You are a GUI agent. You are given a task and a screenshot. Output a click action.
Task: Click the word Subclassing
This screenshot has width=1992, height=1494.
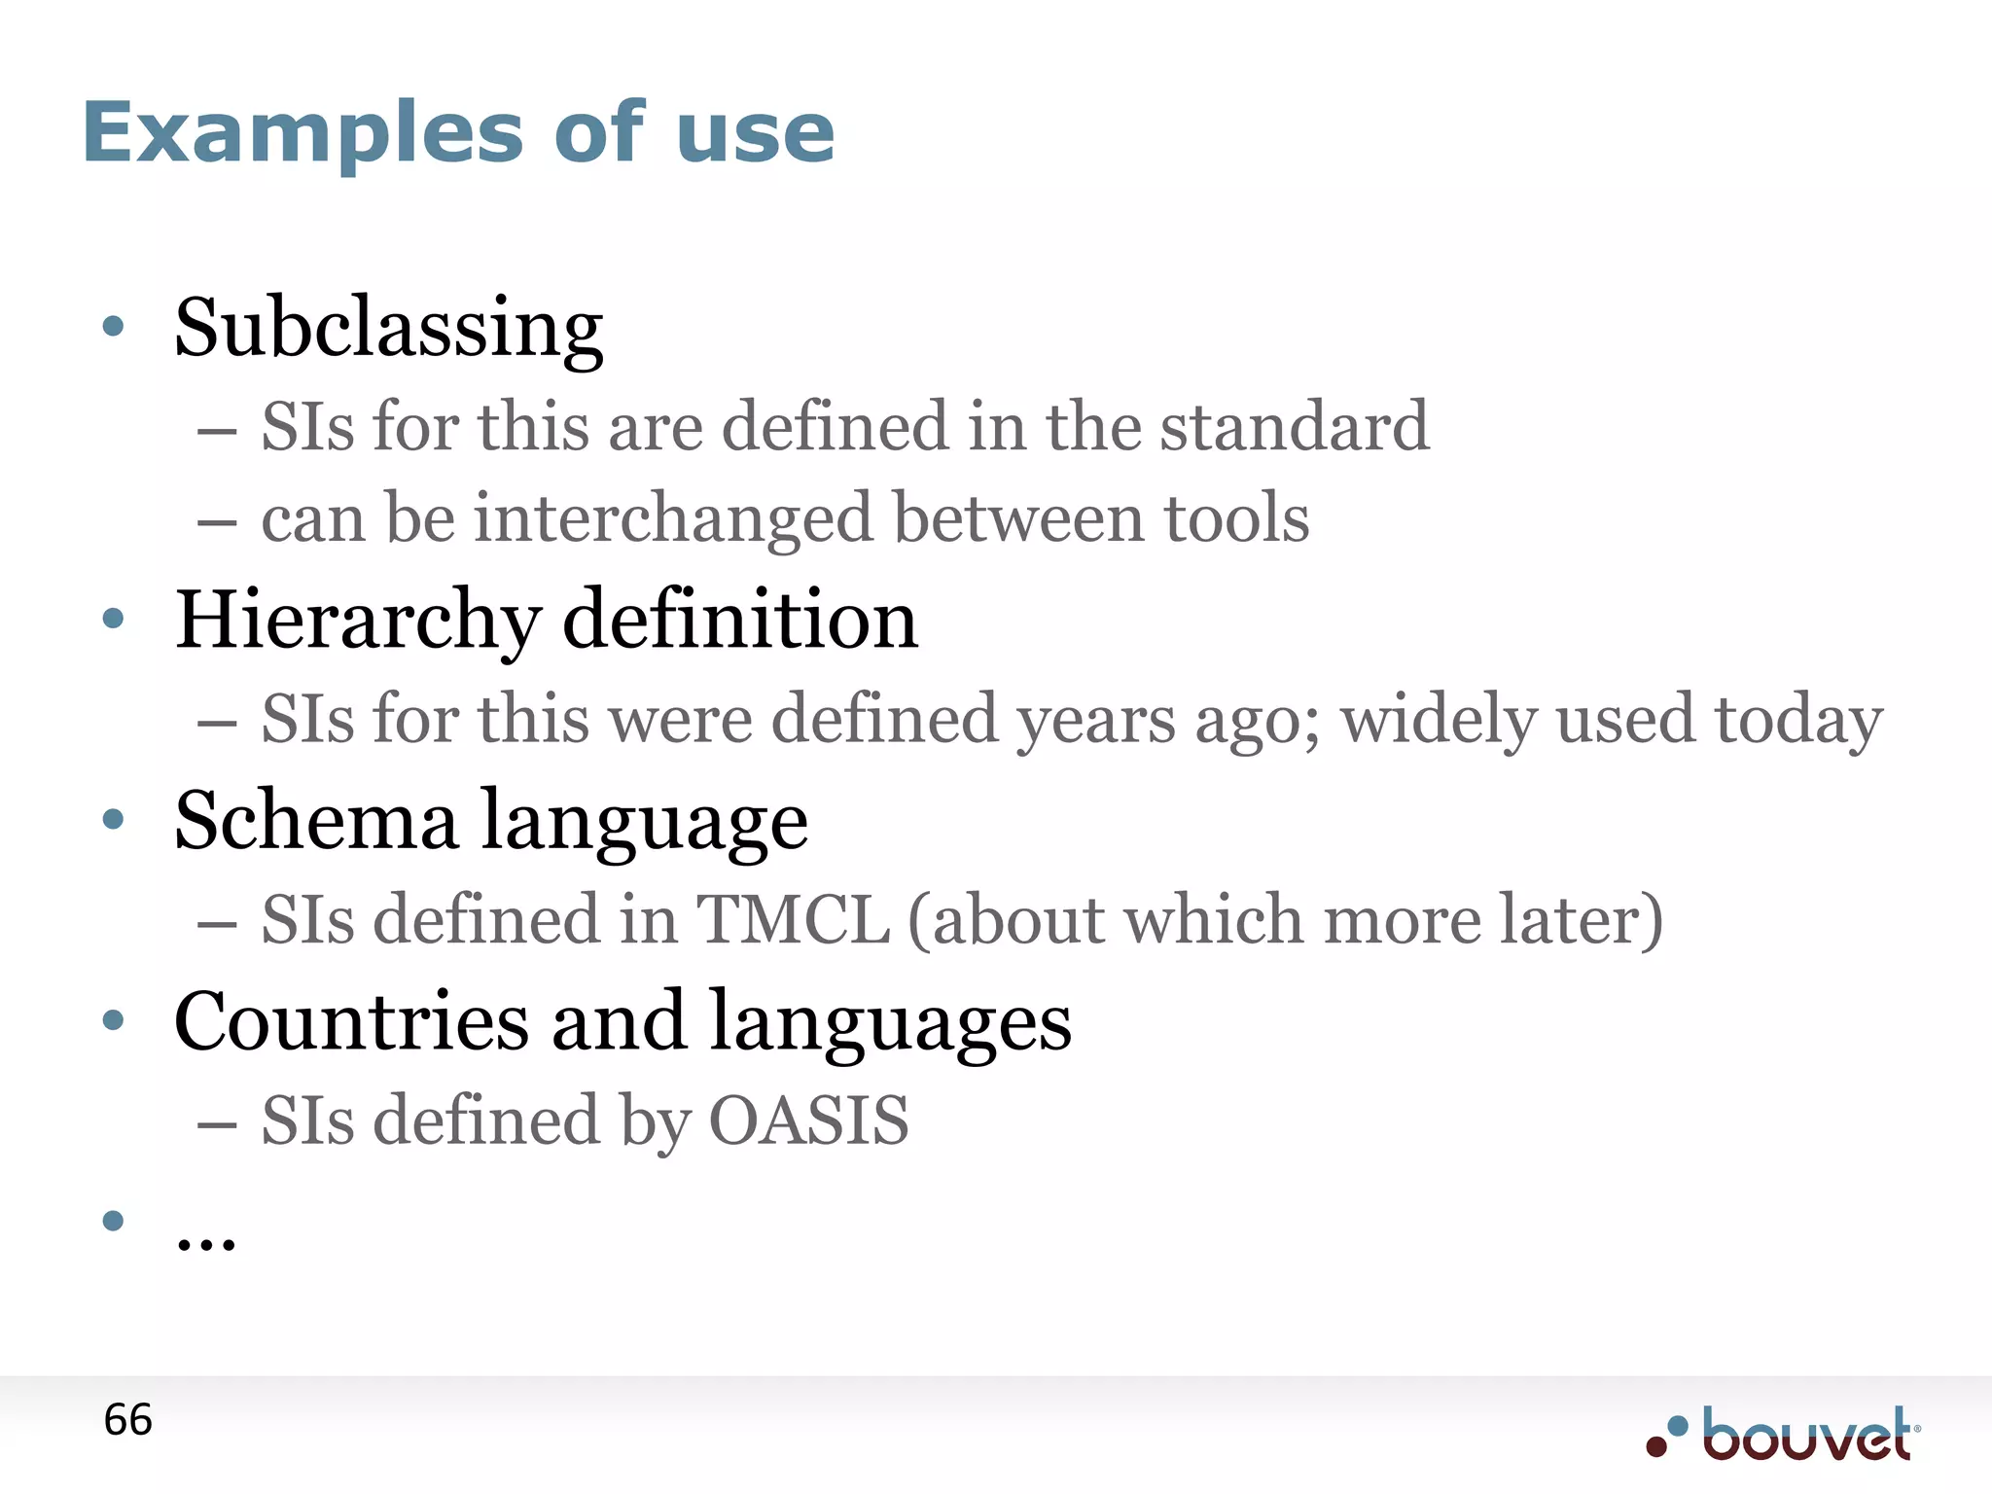tap(388, 328)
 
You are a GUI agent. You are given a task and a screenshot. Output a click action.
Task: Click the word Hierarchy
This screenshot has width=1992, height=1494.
tap(357, 620)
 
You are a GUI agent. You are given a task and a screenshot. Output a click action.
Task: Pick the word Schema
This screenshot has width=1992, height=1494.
tap(316, 820)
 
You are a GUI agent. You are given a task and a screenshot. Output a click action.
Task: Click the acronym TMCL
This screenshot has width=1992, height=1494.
tap(793, 919)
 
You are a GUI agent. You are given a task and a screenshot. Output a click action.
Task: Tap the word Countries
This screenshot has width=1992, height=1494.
tap(351, 1021)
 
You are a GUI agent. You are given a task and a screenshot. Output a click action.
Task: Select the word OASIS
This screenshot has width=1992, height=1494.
tap(809, 1120)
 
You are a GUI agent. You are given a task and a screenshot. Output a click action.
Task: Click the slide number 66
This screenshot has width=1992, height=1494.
tap(127, 1420)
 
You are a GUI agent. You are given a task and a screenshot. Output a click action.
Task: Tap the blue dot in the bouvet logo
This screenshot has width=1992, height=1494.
tap(1677, 1426)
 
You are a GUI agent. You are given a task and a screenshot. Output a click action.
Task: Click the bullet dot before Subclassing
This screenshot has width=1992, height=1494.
tap(113, 327)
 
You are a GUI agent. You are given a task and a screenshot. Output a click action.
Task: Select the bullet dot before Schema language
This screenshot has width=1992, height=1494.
tap(113, 820)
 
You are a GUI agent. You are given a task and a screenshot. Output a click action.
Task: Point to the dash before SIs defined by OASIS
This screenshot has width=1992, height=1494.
tap(217, 1125)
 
